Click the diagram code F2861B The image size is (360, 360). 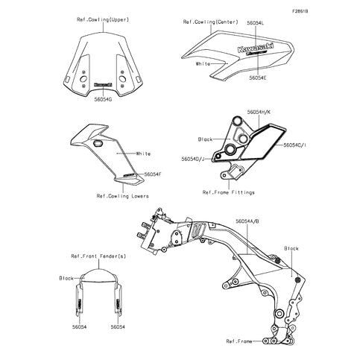[300, 11]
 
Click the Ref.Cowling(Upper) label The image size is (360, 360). [103, 19]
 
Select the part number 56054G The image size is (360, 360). [103, 99]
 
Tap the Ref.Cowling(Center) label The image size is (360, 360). [211, 22]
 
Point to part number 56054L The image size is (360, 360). [256, 23]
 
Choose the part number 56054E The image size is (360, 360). [258, 78]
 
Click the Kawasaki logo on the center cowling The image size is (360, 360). [256, 47]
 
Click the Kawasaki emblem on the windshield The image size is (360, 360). [103, 84]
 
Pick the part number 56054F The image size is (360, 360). [153, 174]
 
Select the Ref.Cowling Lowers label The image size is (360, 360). [123, 196]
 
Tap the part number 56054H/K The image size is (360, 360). [259, 113]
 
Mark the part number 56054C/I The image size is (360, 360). [294, 145]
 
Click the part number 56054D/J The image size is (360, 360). [193, 159]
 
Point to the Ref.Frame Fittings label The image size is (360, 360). [229, 192]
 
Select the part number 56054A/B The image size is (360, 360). [247, 221]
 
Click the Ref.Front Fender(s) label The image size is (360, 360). [98, 256]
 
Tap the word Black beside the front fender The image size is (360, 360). [66, 278]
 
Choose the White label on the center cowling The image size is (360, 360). [203, 64]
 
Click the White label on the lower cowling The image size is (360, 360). [143, 154]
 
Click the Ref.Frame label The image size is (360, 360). [239, 341]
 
